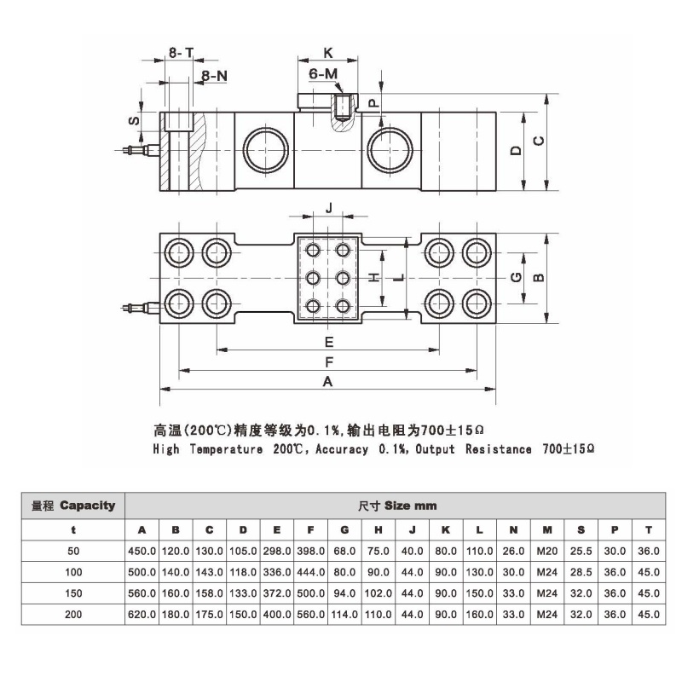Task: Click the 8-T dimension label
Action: tap(181, 53)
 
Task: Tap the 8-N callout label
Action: tap(215, 76)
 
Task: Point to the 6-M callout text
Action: tap(323, 73)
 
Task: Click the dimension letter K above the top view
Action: tap(328, 53)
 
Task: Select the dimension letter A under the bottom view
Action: tap(327, 381)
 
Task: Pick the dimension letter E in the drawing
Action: tap(329, 342)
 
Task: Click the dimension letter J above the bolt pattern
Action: tap(329, 208)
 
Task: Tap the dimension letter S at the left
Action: tap(134, 120)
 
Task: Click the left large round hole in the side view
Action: tap(266, 150)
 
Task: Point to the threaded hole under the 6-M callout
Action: tap(343, 107)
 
